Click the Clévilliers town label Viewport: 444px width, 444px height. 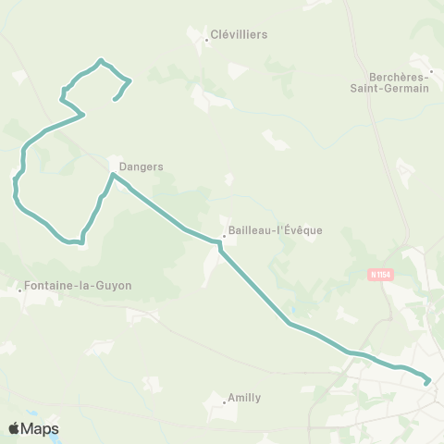[x=239, y=35]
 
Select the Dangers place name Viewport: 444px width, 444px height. [x=141, y=167]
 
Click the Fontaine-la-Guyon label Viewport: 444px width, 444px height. [x=80, y=287]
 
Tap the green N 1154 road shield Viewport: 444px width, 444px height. [x=377, y=274]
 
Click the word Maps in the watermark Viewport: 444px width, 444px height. [x=41, y=428]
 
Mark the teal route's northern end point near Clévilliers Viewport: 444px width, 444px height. [x=115, y=98]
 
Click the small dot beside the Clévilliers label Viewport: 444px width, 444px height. [x=205, y=39]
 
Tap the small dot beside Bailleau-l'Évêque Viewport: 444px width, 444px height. [x=224, y=235]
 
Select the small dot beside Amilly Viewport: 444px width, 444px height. [x=225, y=402]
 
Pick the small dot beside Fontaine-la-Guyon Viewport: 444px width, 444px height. [x=20, y=290]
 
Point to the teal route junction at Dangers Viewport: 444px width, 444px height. [x=113, y=175]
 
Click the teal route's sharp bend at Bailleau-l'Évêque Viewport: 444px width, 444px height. [x=220, y=242]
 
